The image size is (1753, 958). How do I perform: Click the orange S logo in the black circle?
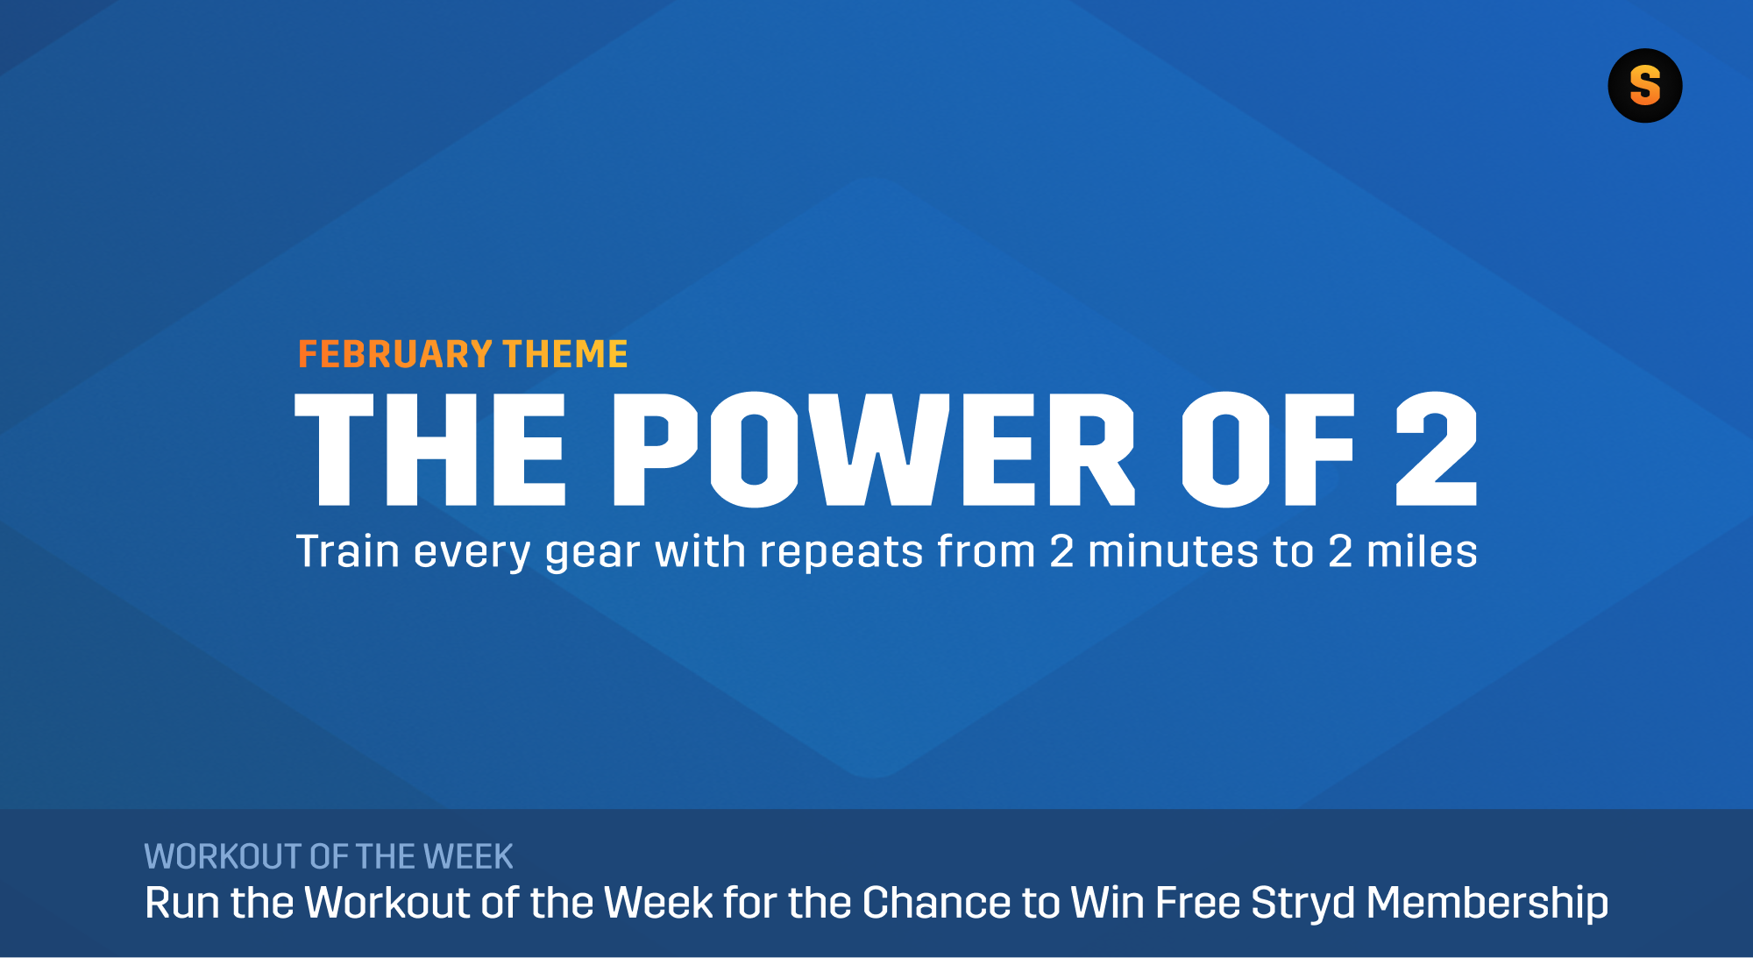[1644, 86]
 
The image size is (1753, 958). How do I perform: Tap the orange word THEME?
[565, 355]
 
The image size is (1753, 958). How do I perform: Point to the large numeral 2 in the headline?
[1436, 450]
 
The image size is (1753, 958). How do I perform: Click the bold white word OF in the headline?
[1267, 450]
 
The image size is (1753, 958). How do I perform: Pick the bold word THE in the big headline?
[430, 450]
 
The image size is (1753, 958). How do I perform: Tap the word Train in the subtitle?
[348, 552]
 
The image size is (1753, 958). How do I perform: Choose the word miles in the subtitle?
[1422, 552]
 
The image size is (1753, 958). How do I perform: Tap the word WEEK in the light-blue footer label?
[468, 857]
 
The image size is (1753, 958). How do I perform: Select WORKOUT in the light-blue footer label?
[223, 857]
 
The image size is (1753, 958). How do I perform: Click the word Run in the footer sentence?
[181, 904]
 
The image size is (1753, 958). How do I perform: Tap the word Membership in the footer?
[1487, 904]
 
